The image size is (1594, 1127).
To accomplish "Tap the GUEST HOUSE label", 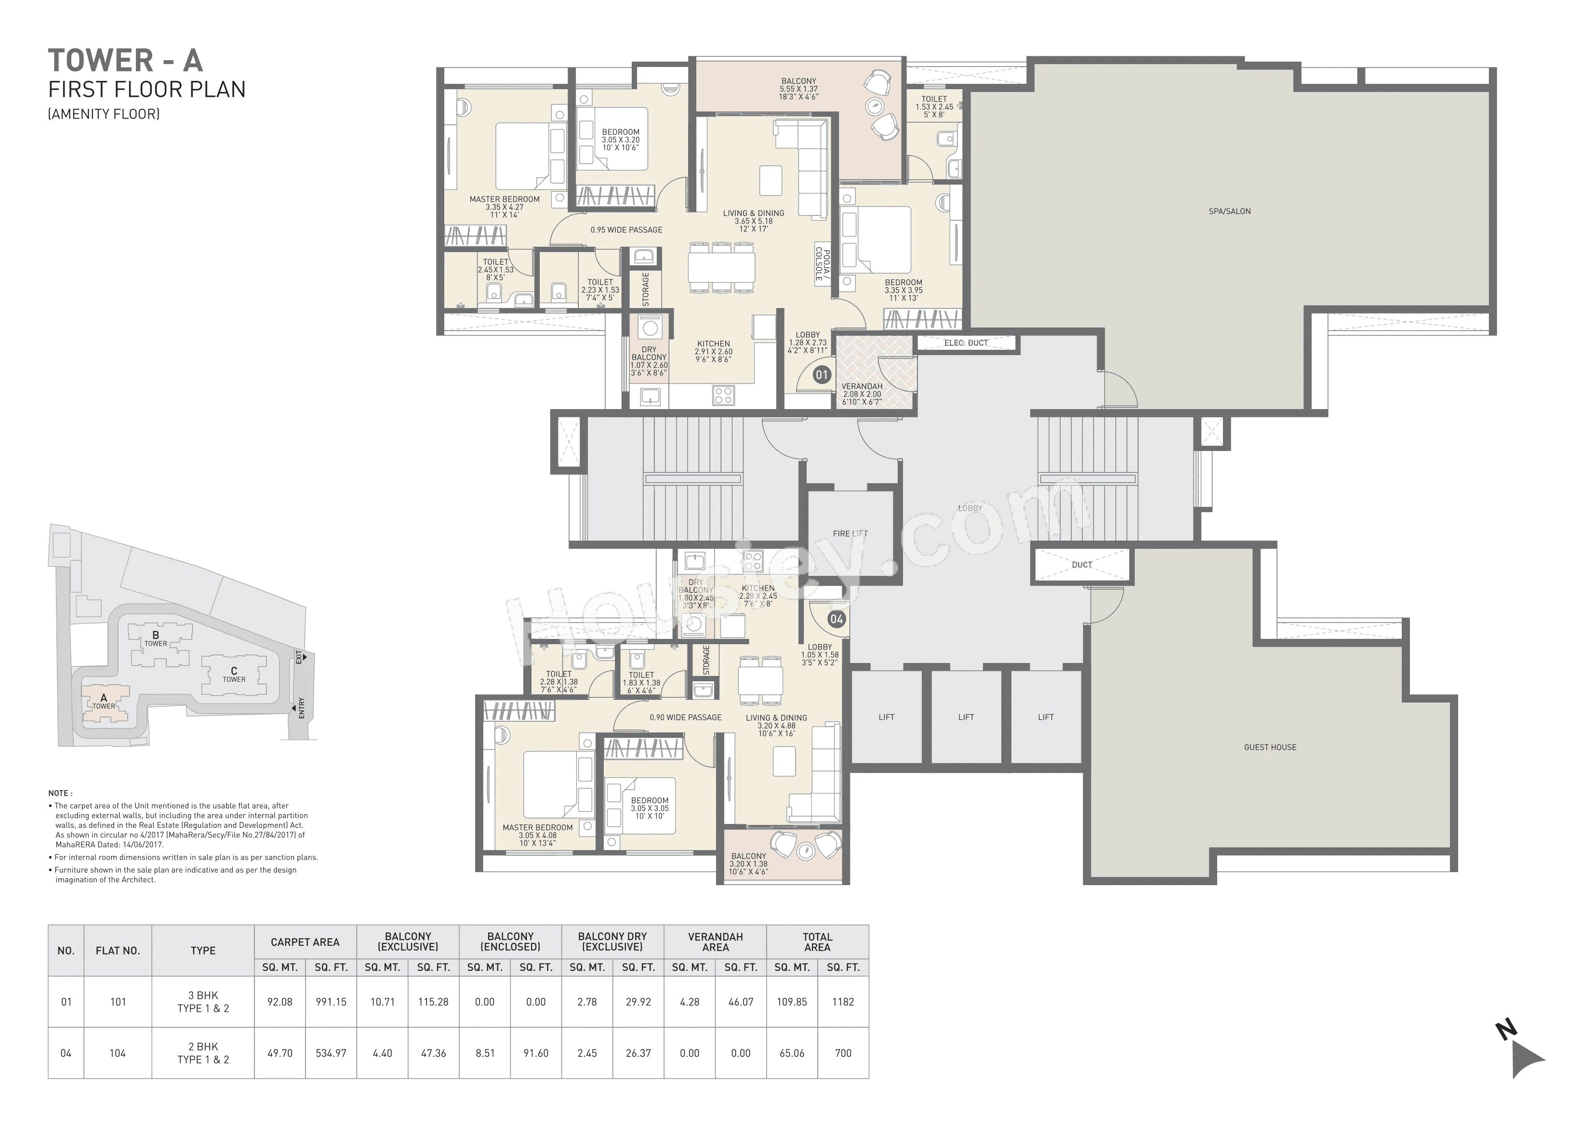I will pyautogui.click(x=1270, y=747).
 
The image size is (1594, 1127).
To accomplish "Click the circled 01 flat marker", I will pyautogui.click(x=821, y=375).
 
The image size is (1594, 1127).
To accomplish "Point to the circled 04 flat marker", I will pyautogui.click(x=836, y=619).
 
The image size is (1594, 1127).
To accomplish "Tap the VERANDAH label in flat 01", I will pyautogui.click(x=862, y=386).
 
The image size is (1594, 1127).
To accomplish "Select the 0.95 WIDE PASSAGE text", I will pyautogui.click(x=626, y=230).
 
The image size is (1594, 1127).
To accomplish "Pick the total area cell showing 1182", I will pyautogui.click(x=843, y=1002).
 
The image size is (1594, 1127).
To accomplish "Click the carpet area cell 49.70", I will pyautogui.click(x=280, y=1053).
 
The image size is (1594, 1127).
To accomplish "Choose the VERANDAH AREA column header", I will pyautogui.click(x=715, y=941).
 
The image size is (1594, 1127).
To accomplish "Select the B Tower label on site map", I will pyautogui.click(x=156, y=638).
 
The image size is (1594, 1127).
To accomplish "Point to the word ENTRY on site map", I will pyautogui.click(x=301, y=708).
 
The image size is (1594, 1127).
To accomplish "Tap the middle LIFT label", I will pyautogui.click(x=966, y=717).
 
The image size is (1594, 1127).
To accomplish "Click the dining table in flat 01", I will pyautogui.click(x=721, y=266).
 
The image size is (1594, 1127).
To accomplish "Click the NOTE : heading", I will pyautogui.click(x=60, y=793).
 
